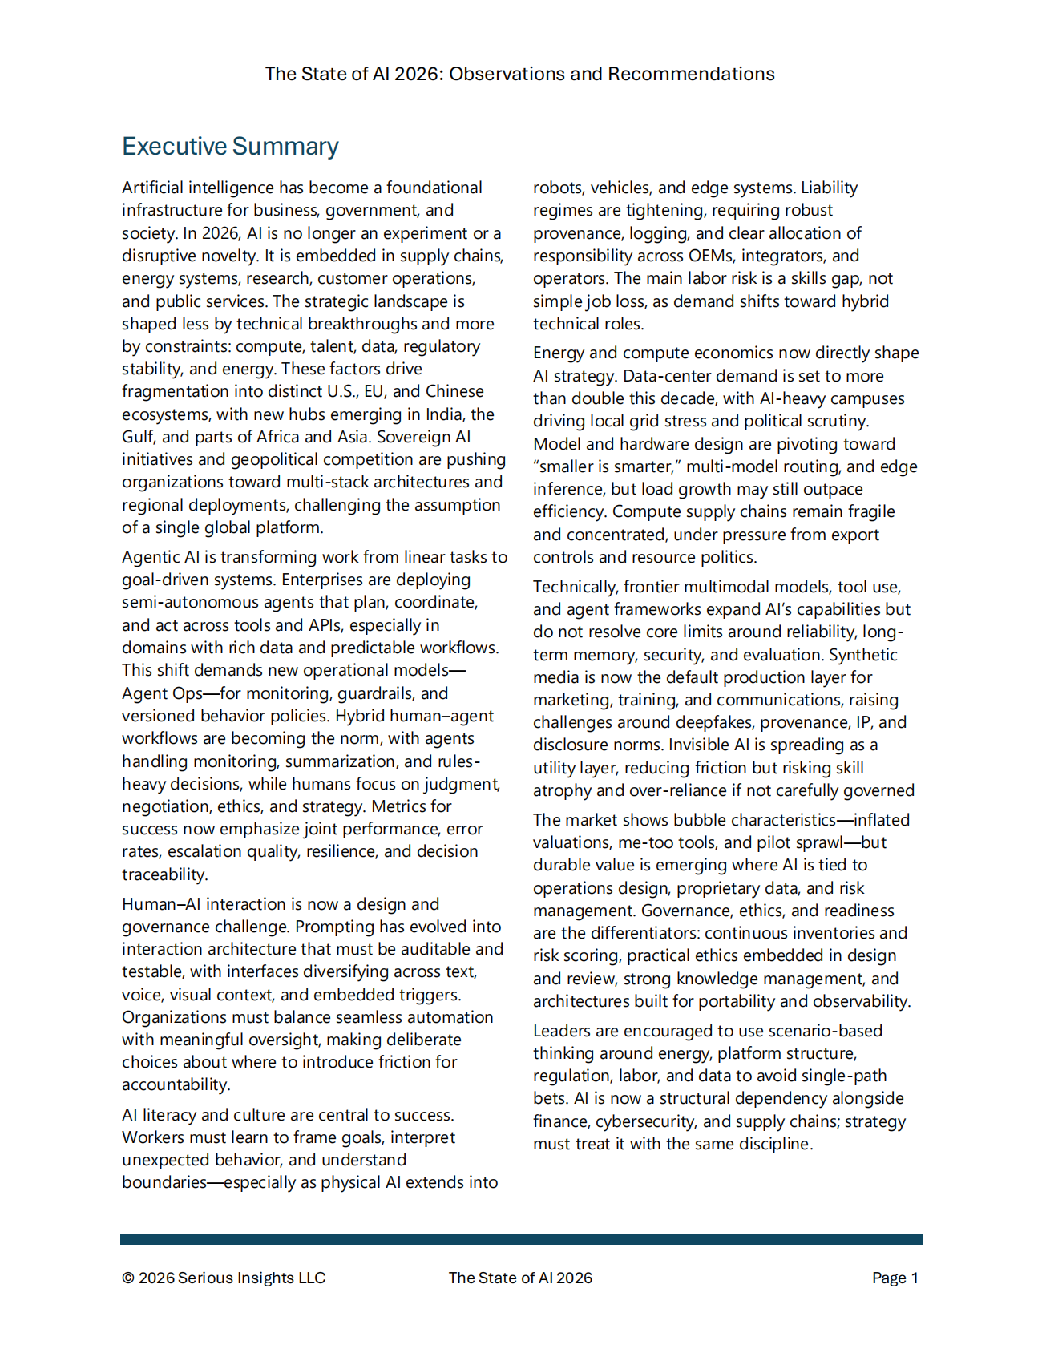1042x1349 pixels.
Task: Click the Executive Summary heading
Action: point(230,147)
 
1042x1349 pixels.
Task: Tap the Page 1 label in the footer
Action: point(895,1278)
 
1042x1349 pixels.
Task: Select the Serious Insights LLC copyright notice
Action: point(224,1278)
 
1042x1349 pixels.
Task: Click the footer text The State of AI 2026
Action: point(520,1278)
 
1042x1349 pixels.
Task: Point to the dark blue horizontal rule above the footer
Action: point(521,1239)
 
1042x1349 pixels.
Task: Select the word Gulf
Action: point(138,437)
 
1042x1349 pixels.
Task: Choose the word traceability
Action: point(164,874)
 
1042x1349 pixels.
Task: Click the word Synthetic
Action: point(863,655)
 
